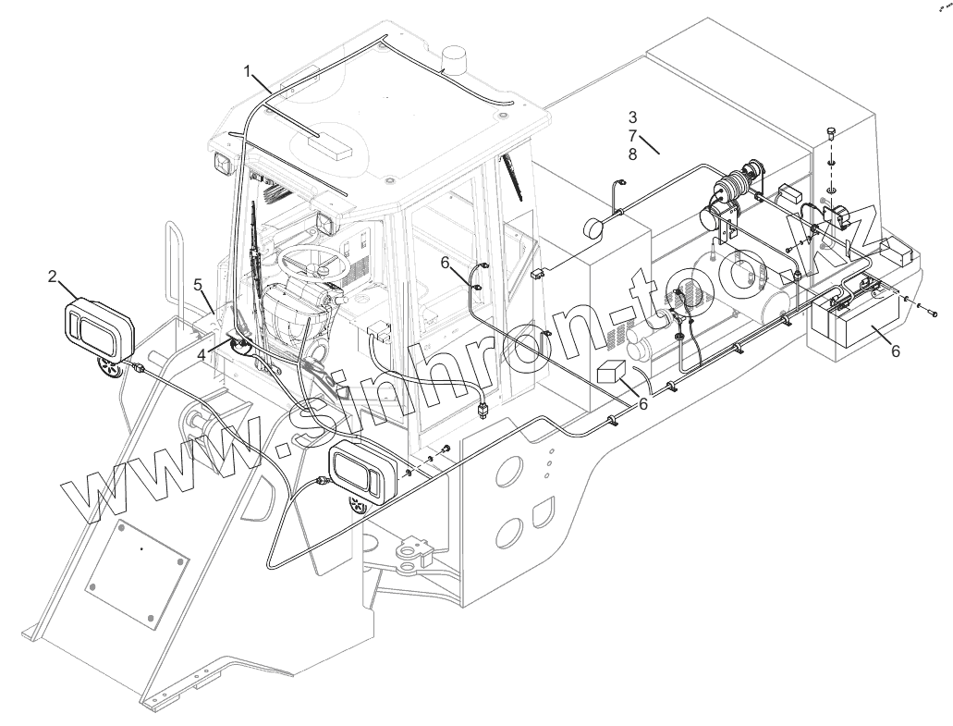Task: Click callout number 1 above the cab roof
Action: point(248,69)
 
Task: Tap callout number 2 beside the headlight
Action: point(53,276)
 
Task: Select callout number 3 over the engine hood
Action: point(632,117)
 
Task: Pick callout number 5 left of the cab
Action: point(198,285)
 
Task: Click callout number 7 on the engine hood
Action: point(632,136)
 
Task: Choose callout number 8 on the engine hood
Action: point(632,154)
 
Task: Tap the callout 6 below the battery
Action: point(894,351)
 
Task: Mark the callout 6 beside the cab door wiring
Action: point(446,263)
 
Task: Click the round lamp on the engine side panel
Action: point(594,229)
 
